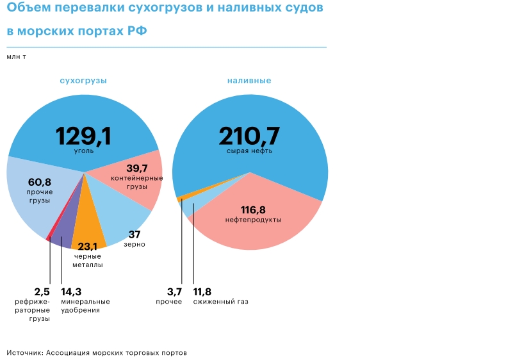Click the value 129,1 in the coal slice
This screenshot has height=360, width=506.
pyautogui.click(x=83, y=135)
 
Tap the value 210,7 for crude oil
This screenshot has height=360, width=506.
pyautogui.click(x=250, y=135)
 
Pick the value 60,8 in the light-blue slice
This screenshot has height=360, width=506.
pyautogui.click(x=40, y=182)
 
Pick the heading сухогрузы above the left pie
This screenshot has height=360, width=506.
pyautogui.click(x=83, y=81)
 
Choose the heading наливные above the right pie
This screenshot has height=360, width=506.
pyautogui.click(x=249, y=81)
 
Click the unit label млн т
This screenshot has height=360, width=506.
pyautogui.click(x=17, y=56)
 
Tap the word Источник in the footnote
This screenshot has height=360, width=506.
pyautogui.click(x=25, y=352)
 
